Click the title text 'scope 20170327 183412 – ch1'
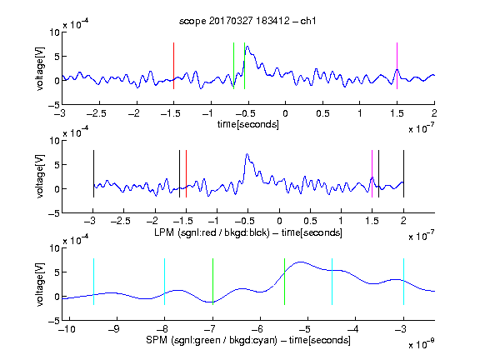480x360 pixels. (x=247, y=21)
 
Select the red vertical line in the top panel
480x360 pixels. (x=173, y=66)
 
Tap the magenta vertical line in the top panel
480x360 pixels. (x=397, y=66)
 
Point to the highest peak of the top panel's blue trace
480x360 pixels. (x=247, y=47)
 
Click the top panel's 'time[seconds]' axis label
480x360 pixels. (x=248, y=124)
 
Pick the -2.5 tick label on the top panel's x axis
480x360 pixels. (x=97, y=113)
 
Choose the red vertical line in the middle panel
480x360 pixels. (x=186, y=174)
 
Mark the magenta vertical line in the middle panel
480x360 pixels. (x=372, y=174)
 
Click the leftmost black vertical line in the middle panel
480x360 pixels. (x=93, y=174)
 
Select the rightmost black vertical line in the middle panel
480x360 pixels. (x=403, y=174)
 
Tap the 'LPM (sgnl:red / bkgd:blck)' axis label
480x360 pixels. (x=212, y=232)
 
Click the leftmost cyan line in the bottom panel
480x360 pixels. (x=93, y=282)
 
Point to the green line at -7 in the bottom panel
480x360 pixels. (x=212, y=282)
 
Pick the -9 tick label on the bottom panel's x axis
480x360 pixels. (x=114, y=329)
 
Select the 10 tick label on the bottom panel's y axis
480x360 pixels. (x=55, y=248)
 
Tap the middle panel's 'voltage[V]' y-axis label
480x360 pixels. (x=40, y=177)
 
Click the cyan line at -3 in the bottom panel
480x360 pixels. (x=403, y=282)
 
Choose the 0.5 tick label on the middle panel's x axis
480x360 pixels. (x=310, y=221)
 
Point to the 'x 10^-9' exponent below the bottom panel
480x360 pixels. (x=421, y=344)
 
